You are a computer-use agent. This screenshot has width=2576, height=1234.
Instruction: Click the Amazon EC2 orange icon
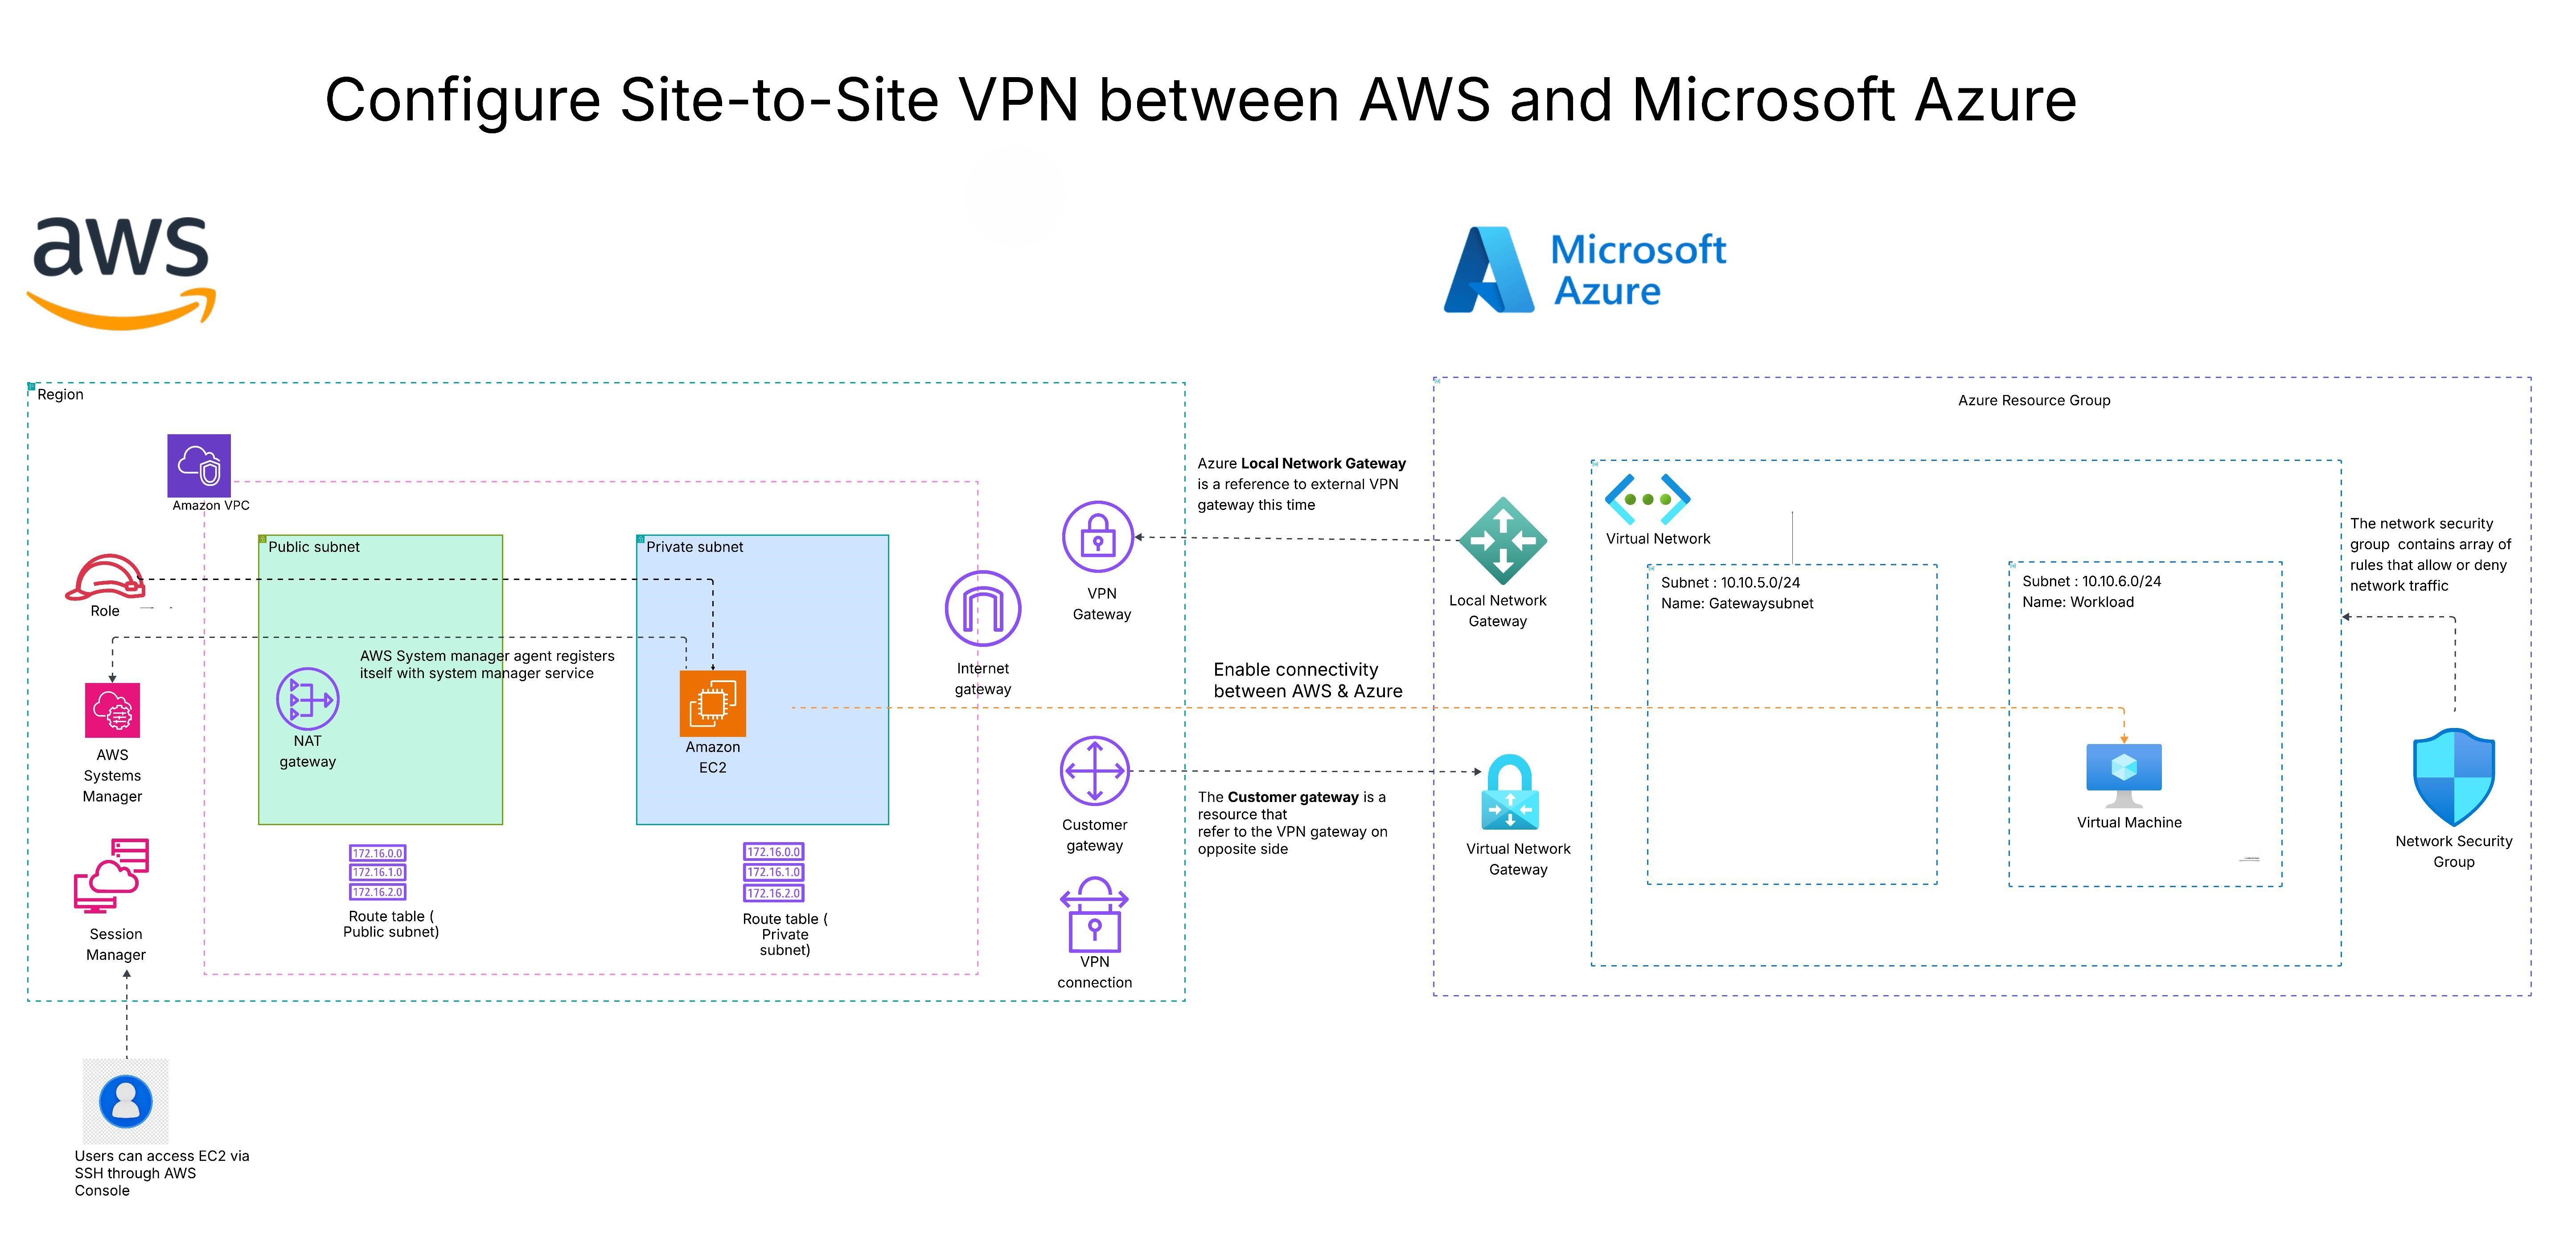pos(712,703)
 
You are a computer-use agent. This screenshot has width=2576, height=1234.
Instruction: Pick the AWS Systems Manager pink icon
pos(112,710)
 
